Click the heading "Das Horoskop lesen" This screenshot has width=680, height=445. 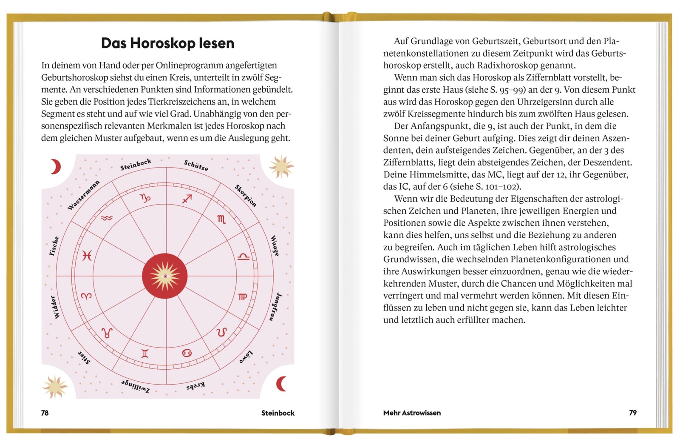point(167,43)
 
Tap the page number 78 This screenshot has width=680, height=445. point(45,413)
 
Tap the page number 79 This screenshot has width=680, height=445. point(633,413)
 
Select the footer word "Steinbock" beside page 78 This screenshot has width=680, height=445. point(278,413)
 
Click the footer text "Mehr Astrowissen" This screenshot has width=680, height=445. point(412,413)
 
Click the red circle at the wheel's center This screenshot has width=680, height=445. point(165,276)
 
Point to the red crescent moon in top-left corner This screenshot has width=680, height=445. point(55,167)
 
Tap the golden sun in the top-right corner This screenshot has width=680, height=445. point(280,166)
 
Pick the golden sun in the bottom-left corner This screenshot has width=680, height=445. point(55,387)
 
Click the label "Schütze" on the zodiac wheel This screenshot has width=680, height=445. point(196,165)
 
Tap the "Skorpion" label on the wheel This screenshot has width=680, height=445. point(245,195)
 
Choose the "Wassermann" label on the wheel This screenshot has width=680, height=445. point(83,195)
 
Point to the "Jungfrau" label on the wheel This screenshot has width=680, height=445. point(275,306)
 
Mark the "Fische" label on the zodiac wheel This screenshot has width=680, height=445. point(54,246)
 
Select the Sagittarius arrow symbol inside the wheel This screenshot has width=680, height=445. point(187,199)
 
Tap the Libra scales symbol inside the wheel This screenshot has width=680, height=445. point(243,256)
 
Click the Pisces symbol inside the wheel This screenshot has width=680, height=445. point(87,255)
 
